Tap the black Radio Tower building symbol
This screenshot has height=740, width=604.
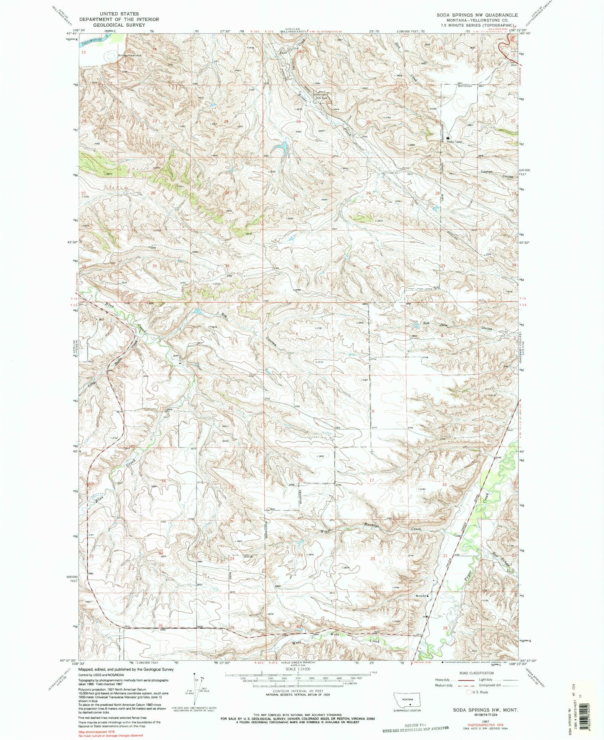tap(449, 138)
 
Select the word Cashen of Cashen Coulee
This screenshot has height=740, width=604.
tap(487, 172)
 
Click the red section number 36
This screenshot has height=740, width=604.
tap(227, 266)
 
